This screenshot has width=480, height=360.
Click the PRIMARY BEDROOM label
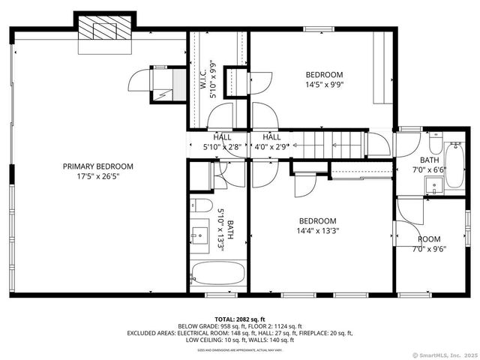97,166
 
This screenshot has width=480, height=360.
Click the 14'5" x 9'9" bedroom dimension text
324,85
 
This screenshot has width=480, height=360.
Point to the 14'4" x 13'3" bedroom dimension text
317,231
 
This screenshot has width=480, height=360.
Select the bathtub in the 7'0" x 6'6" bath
454,161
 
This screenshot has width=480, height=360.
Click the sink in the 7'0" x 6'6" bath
433,184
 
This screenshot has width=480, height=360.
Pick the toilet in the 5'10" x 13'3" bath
202,206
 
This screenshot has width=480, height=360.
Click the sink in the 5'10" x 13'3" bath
200,235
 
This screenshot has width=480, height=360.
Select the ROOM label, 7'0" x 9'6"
429,239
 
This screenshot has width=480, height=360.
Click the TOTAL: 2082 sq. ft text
239,319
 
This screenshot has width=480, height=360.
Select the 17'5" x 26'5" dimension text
97,177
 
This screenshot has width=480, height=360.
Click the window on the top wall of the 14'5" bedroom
318,29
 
